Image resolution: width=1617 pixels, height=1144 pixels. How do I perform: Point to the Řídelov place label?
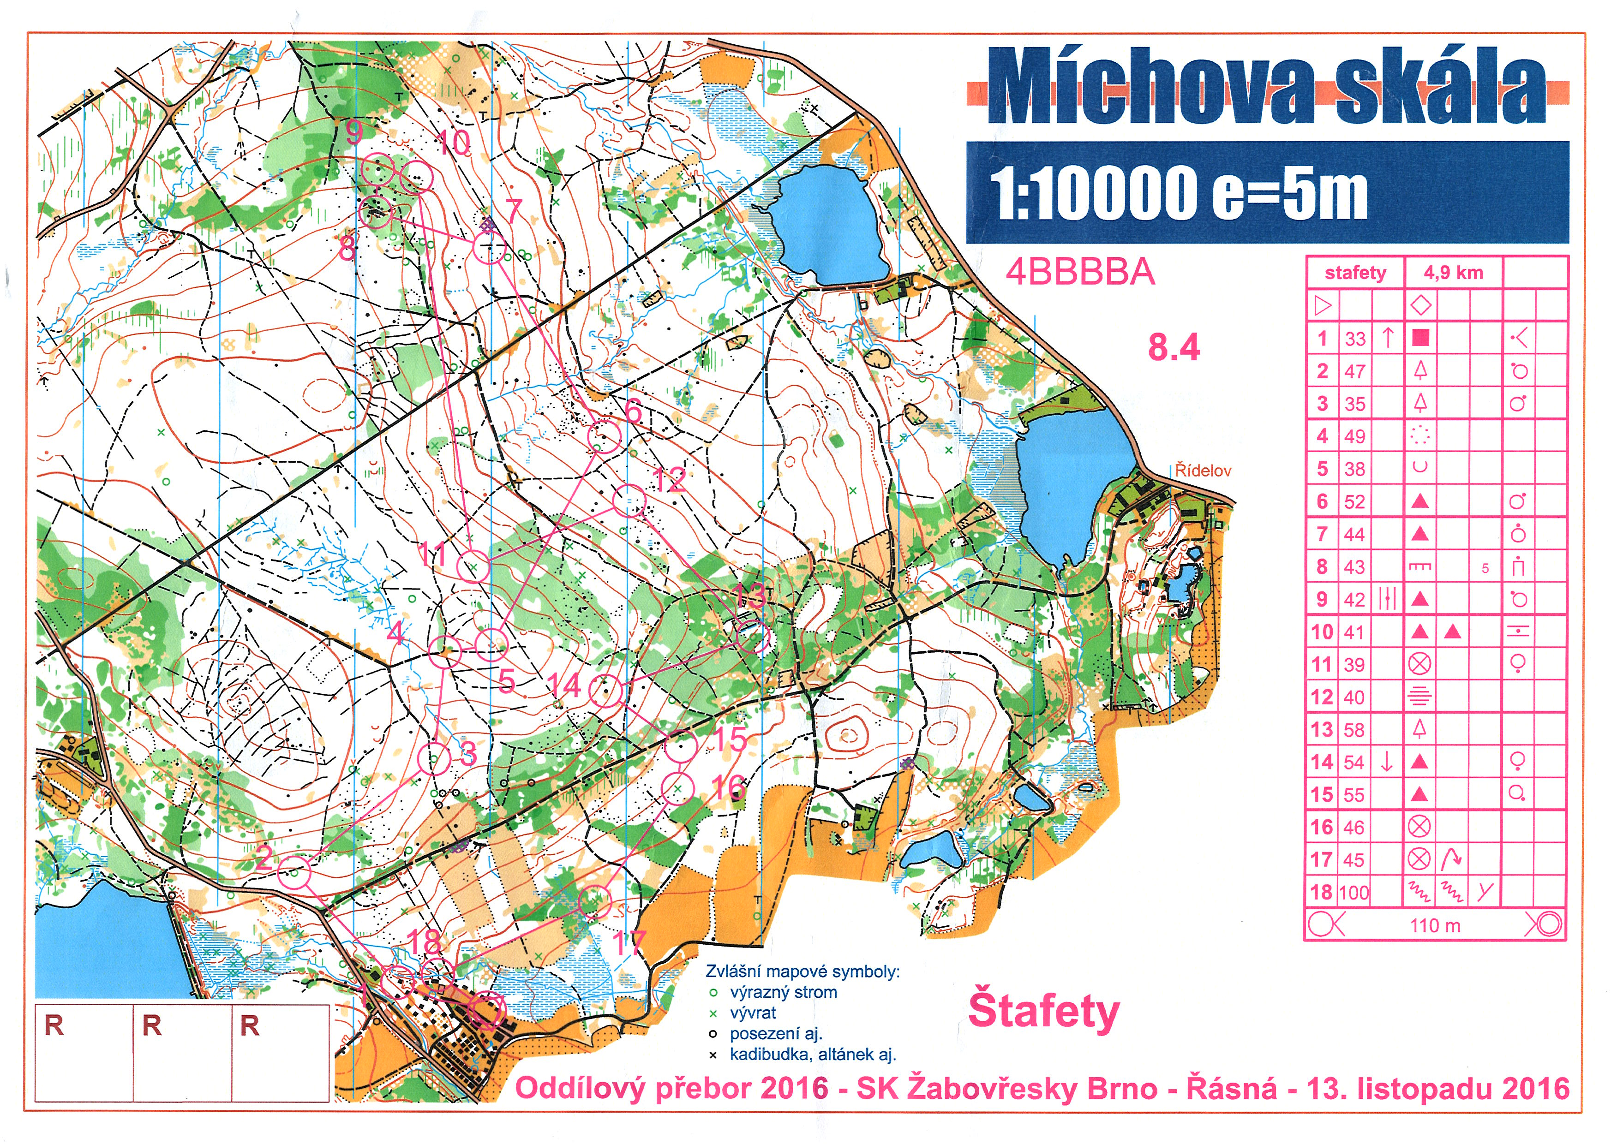point(1203,471)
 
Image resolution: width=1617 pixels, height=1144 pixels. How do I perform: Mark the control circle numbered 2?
point(294,874)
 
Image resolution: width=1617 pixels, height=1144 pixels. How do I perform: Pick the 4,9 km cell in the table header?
point(1453,273)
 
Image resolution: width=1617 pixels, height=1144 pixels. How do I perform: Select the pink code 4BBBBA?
point(1080,272)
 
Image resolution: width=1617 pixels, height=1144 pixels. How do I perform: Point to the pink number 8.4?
point(1174,347)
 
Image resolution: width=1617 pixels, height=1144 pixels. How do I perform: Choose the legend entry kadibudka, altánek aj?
point(812,1055)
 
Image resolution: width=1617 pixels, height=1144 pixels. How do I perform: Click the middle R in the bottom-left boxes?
point(152,1025)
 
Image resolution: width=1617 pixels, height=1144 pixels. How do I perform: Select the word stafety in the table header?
point(1355,273)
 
